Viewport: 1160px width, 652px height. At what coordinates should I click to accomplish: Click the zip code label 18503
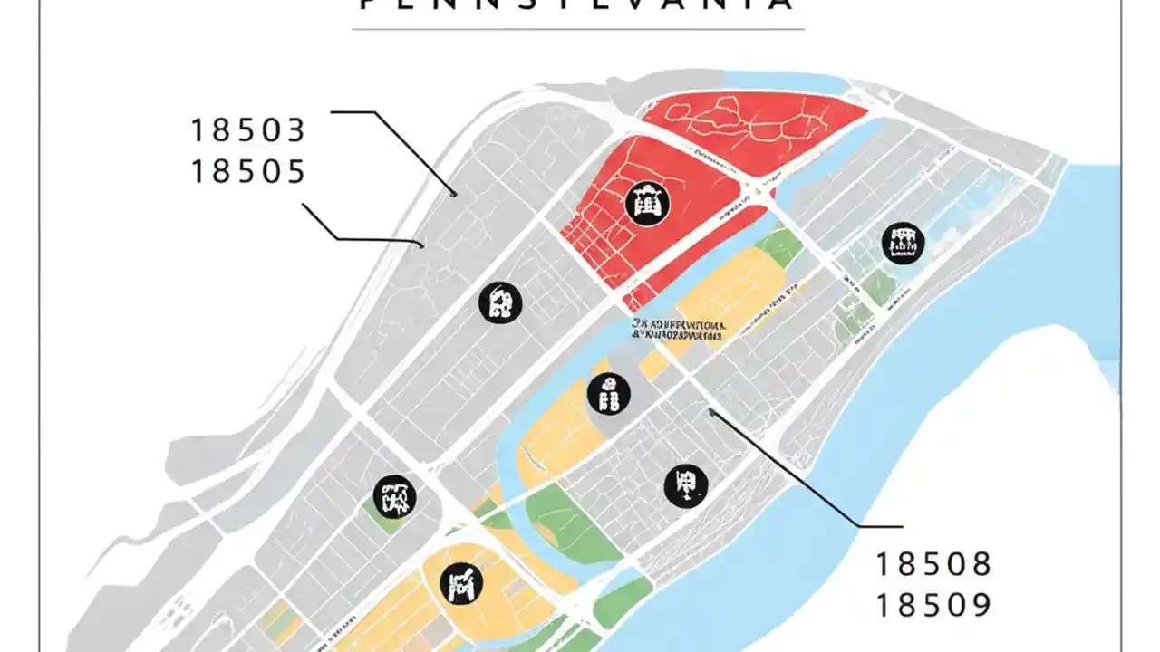coord(247,131)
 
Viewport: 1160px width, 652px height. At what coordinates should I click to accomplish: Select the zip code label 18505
coord(247,171)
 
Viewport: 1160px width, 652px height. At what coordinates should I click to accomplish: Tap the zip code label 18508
coord(933,565)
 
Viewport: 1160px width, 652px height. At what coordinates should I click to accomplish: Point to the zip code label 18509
coord(933,605)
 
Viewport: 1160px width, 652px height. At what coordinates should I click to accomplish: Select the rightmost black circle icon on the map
coord(903,243)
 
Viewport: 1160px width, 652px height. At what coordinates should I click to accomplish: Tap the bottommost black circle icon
coord(461,584)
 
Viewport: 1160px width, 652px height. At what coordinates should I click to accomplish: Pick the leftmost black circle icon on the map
coord(394,496)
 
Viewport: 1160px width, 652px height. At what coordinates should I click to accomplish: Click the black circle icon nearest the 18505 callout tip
coord(500,302)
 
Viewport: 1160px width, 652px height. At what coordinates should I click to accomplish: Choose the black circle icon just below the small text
coord(609,394)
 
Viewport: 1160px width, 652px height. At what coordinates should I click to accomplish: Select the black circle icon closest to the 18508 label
coord(686,485)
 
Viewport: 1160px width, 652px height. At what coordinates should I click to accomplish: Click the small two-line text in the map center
coord(680,329)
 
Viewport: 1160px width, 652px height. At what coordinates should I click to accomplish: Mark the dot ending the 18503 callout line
coord(454,193)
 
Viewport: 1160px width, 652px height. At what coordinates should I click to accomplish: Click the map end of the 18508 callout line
coord(711,411)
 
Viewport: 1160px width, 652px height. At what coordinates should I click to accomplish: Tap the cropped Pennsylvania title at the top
coord(577,5)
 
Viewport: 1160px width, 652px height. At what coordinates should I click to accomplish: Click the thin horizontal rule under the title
coord(577,29)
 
